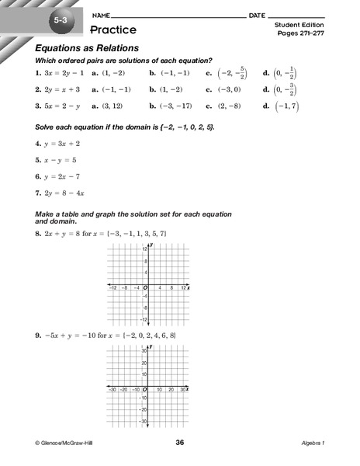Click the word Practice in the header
[x=112, y=30]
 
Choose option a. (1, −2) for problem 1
[x=108, y=73]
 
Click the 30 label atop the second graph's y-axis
[x=144, y=351]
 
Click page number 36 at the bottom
[x=180, y=443]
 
